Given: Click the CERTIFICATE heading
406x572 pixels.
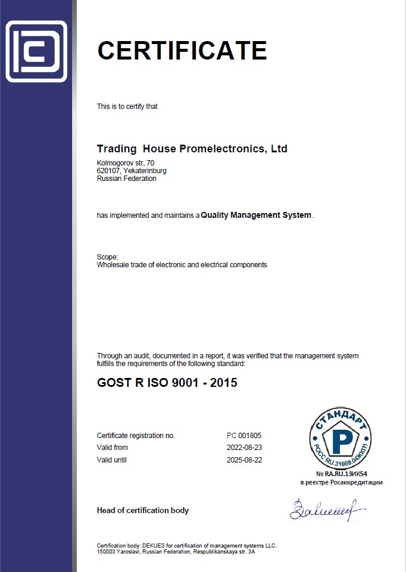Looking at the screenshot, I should (182, 51).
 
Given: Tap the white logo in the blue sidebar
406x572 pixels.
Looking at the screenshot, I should (36, 51).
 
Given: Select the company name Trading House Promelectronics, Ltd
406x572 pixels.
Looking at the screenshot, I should (192, 148).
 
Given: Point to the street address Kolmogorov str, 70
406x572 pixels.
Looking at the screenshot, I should (126, 163).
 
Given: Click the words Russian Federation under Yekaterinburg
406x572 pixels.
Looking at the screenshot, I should (126, 179).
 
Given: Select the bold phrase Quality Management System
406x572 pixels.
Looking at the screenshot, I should (256, 215).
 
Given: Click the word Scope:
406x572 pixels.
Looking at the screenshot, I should (107, 257).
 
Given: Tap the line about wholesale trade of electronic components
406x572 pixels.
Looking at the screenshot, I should (182, 264).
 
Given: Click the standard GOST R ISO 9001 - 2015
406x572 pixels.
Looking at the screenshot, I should (167, 383).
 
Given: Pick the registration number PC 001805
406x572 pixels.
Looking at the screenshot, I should (244, 435).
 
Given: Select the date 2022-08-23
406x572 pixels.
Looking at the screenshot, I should (244, 448).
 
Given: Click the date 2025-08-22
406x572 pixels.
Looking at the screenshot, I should (244, 460).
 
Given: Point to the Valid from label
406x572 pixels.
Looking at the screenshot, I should (112, 448).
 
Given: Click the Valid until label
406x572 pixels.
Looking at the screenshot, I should (112, 460).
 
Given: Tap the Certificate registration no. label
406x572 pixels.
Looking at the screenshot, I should (136, 435).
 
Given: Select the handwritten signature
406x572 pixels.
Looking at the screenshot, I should (326, 509).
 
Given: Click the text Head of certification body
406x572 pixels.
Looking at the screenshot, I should (142, 510).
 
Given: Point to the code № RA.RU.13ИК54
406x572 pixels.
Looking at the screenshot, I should (341, 473).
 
